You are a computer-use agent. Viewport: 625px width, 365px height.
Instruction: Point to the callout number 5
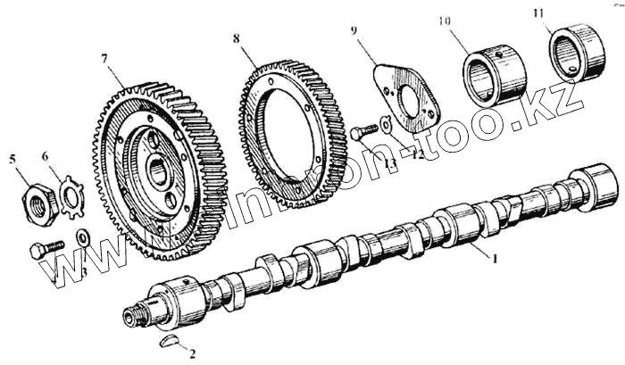click(12, 160)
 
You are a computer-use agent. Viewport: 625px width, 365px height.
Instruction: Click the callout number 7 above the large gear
click(104, 60)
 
